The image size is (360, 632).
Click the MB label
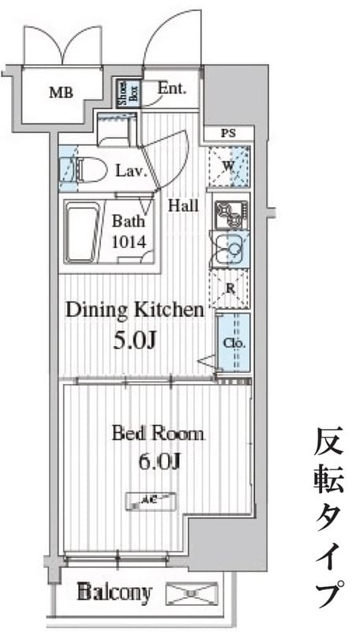point(61,92)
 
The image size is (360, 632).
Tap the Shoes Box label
point(125,93)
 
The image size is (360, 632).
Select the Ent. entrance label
point(171,88)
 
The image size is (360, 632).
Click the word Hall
point(182,206)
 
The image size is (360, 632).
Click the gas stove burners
point(230,211)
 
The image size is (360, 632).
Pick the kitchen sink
point(230,249)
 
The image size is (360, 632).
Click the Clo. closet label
point(234,344)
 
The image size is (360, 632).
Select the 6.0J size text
point(157,461)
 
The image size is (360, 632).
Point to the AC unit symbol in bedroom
point(152,499)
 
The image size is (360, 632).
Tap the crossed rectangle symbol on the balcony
point(193,592)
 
